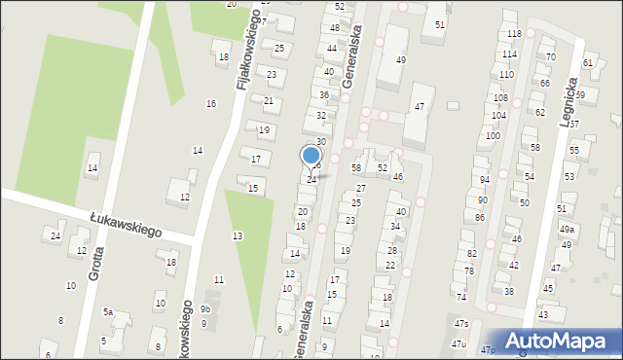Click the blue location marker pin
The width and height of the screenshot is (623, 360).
(311, 156)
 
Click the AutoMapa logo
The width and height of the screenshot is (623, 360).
(559, 341)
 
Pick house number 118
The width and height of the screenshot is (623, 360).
(514, 34)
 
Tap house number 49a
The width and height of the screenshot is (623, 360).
(567, 229)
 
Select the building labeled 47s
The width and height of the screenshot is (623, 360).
(461, 324)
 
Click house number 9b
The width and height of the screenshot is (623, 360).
(204, 309)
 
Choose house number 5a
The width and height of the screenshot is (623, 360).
(109, 312)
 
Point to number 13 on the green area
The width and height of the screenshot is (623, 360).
(238, 236)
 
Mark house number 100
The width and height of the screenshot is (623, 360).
(494, 135)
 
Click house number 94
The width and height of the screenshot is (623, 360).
(484, 180)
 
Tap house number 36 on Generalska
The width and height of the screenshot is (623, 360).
(324, 94)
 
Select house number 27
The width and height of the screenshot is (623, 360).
(361, 188)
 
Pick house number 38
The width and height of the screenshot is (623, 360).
(508, 291)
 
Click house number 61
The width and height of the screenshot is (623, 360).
(588, 62)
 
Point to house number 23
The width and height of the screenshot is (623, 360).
(350, 221)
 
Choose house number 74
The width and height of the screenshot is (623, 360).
(461, 297)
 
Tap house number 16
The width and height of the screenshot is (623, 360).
(210, 103)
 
